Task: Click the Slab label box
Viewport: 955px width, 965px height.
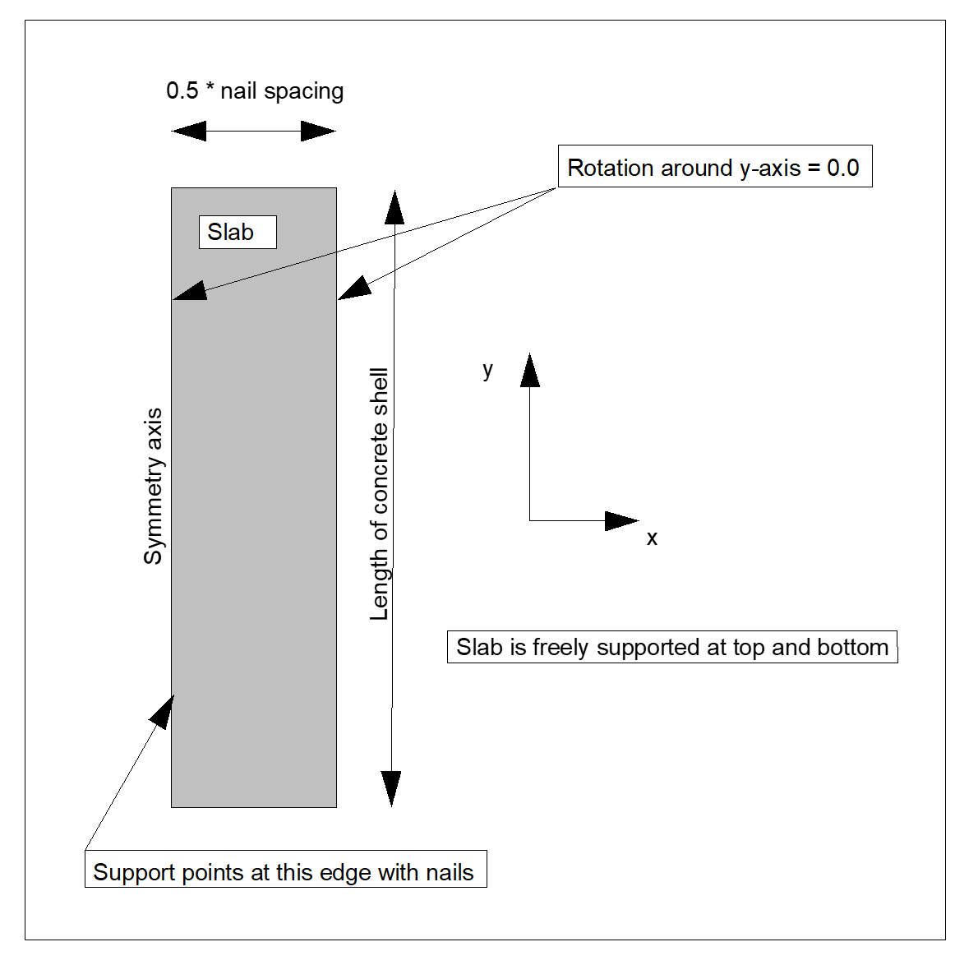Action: click(238, 232)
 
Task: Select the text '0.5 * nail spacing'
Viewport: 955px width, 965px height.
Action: click(255, 90)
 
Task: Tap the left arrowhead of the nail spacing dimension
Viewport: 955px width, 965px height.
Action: click(189, 131)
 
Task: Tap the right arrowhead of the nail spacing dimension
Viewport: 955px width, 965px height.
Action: click(318, 131)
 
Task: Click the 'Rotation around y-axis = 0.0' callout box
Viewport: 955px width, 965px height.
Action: click(714, 167)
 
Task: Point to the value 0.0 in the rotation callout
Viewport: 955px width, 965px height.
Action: click(842, 168)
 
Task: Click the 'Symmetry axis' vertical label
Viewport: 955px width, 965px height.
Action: click(154, 486)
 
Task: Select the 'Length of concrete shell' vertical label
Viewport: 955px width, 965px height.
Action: click(379, 493)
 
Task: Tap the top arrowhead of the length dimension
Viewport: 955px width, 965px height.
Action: click(394, 208)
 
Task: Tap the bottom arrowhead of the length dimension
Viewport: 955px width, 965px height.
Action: click(391, 788)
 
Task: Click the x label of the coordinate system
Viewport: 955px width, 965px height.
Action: click(652, 538)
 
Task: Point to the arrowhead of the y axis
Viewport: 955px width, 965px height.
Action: click(530, 371)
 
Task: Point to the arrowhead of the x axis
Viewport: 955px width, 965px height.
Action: click(621, 520)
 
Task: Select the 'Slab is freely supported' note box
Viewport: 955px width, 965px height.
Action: click(671, 647)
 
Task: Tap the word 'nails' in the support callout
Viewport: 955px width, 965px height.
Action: click(449, 872)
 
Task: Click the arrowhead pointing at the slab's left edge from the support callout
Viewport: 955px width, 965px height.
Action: click(164, 711)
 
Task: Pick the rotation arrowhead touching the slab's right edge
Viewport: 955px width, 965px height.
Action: click(354, 289)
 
